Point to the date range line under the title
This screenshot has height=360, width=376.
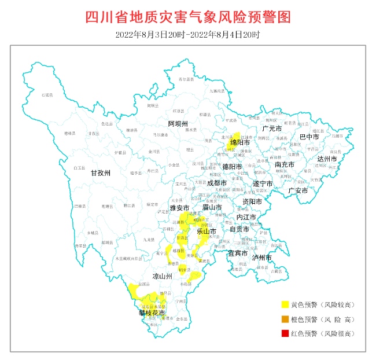187,35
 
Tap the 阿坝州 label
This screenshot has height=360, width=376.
178,124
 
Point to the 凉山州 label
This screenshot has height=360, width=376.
163,277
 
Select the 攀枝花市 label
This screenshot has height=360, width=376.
152,313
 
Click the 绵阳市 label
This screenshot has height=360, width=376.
240,142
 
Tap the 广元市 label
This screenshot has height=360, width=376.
271,128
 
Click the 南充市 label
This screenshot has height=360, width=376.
284,164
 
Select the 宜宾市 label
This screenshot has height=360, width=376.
237,253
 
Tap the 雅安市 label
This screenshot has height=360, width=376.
179,207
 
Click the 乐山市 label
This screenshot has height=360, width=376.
207,231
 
